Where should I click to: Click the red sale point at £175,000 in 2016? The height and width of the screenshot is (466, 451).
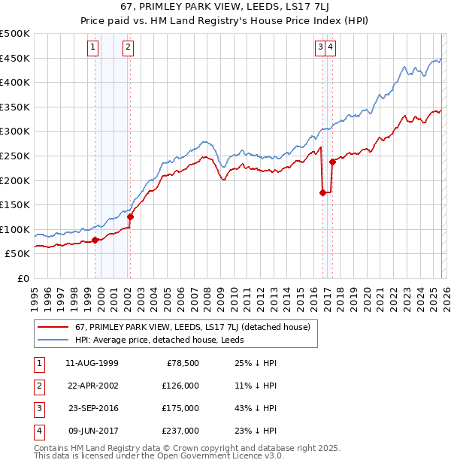click(x=322, y=192)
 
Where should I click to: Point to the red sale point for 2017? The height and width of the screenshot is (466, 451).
click(x=332, y=162)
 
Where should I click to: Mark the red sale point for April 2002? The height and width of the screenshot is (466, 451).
click(x=130, y=216)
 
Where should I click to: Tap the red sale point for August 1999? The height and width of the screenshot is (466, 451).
click(x=95, y=240)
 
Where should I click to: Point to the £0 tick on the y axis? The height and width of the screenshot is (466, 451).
click(x=23, y=278)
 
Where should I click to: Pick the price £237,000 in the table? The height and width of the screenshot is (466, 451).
click(x=181, y=431)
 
